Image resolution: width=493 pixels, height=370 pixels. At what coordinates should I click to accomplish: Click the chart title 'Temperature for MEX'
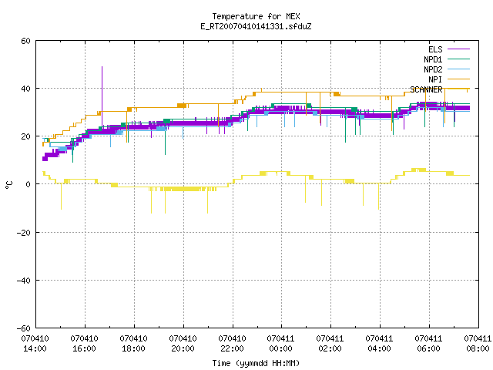click(x=256, y=16)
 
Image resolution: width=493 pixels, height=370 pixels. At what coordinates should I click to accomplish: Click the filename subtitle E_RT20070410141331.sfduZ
click(x=256, y=26)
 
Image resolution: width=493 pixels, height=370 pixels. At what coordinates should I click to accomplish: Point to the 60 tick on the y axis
click(x=25, y=41)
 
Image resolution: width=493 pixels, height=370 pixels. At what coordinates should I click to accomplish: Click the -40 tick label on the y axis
click(x=24, y=281)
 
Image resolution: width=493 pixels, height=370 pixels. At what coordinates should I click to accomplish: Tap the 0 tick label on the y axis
click(x=29, y=184)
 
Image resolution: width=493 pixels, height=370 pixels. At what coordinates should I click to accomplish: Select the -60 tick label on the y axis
click(x=24, y=328)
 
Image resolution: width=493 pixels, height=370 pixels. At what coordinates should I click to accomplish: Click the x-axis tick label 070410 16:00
click(x=84, y=344)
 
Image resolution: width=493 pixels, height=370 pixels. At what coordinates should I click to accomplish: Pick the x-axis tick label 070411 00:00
click(x=280, y=344)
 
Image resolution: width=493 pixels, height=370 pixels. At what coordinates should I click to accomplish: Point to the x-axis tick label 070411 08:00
click(x=478, y=344)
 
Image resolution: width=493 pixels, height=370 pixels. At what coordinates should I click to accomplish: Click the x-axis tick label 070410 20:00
click(x=183, y=344)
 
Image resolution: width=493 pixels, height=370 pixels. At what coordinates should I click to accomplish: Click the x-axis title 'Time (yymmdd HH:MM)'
click(x=256, y=363)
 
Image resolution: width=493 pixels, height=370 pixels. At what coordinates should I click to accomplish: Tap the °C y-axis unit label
click(x=9, y=185)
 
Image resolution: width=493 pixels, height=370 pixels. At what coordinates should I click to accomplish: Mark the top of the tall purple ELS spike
click(x=102, y=67)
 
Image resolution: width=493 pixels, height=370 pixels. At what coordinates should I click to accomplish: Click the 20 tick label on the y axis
click(x=25, y=136)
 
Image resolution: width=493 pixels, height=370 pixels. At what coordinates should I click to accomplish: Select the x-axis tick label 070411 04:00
click(x=379, y=344)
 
